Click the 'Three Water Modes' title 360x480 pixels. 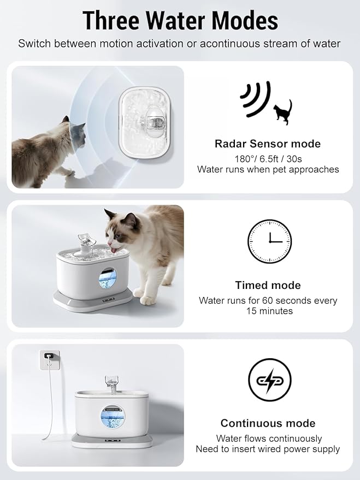pyautogui.click(x=180, y=20)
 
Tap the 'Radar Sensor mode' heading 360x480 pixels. pyautogui.click(x=268, y=144)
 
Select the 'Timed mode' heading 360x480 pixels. pyautogui.click(x=268, y=285)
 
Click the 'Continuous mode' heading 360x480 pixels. pyautogui.click(x=268, y=423)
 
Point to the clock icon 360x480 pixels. pyautogui.click(x=269, y=241)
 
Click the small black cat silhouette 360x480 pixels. pyautogui.click(x=283, y=112)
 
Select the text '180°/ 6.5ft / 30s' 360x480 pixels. pyautogui.click(x=268, y=158)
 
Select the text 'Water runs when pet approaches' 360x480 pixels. pyautogui.click(x=268, y=169)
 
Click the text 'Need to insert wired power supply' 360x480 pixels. pyautogui.click(x=268, y=449)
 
